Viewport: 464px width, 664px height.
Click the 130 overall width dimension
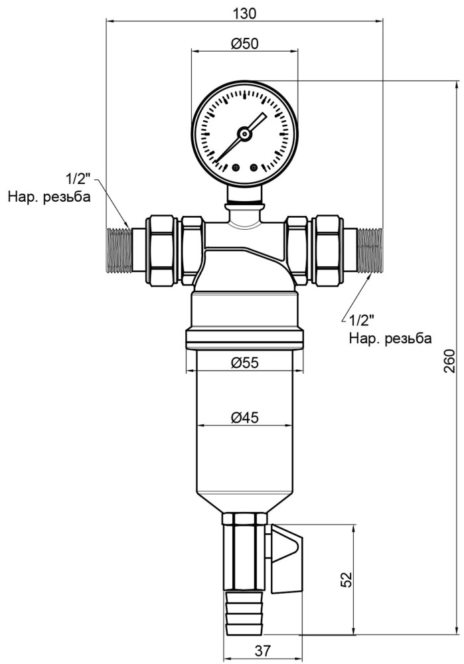tap(245, 13)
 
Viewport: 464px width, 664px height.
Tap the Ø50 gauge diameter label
tap(244, 44)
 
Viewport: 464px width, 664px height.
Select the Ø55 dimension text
tap(244, 363)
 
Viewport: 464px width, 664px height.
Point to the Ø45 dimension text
tap(244, 418)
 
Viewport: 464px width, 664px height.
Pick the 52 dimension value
tap(346, 580)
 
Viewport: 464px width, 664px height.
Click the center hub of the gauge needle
tap(244, 134)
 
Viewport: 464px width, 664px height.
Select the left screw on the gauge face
tap(236, 168)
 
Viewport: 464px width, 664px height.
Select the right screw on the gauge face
tap(254, 168)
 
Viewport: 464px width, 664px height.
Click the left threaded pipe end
tap(119, 250)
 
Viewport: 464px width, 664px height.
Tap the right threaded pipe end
tap(370, 250)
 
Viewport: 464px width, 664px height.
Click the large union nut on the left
tap(163, 250)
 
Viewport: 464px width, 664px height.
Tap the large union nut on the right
tap(327, 250)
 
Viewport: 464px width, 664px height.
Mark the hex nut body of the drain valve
tap(244, 552)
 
